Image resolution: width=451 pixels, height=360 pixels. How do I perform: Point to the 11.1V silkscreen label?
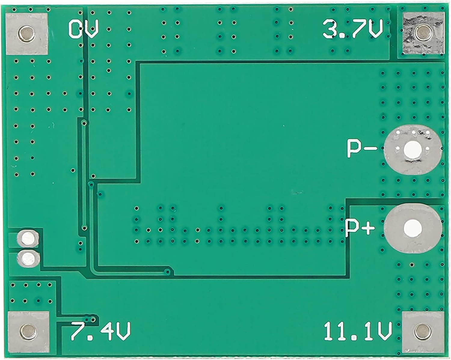[x=358, y=331]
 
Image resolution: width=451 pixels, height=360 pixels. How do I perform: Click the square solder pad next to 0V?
[x=27, y=34]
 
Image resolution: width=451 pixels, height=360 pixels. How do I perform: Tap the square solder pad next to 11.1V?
[x=422, y=331]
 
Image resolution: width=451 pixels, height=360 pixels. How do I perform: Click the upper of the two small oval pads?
[x=28, y=238]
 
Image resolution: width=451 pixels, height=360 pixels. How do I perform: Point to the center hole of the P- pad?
[x=411, y=150]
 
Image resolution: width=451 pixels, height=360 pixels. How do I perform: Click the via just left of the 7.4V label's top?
[x=93, y=319]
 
